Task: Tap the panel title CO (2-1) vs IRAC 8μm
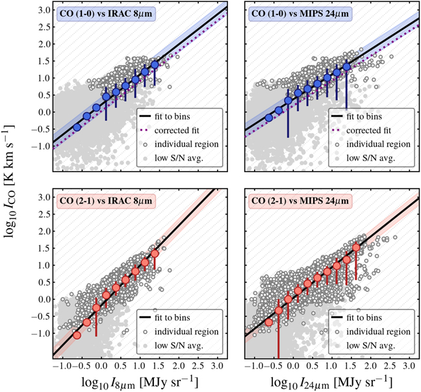point(99,199)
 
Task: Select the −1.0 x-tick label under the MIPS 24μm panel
point(251,366)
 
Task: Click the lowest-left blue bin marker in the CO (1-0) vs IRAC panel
point(77,127)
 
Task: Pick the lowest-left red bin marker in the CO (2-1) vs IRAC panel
point(77,335)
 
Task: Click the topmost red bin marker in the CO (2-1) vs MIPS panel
point(356,248)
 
